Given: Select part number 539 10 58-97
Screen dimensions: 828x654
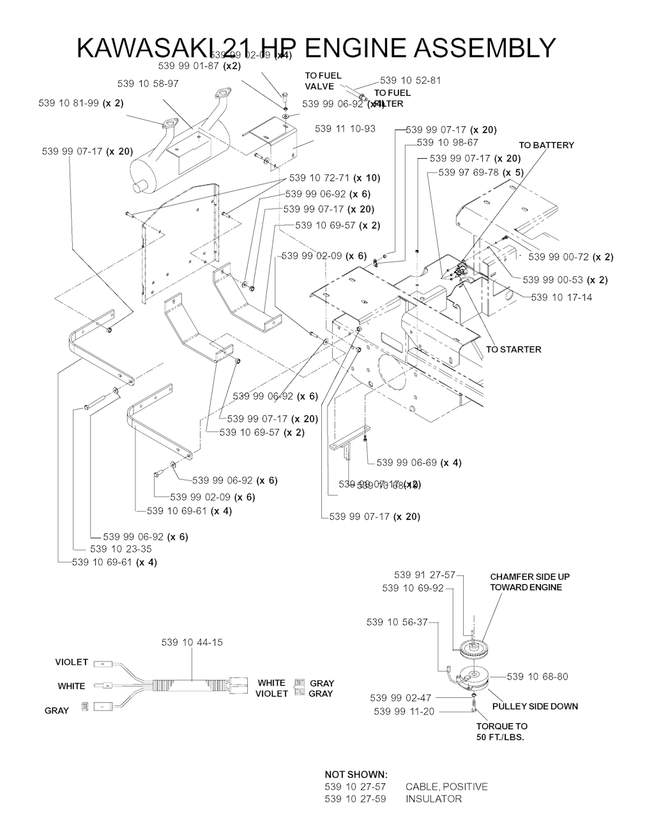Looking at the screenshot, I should coord(148,84).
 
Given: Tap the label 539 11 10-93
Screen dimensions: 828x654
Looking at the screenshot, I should coord(345,129).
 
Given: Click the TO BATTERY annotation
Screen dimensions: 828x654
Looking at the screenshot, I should coord(546,145).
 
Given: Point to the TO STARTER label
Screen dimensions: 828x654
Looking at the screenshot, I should coord(513,349).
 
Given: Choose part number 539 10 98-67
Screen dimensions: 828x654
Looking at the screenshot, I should coord(447,142).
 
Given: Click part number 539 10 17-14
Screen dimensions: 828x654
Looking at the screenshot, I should coord(561,297).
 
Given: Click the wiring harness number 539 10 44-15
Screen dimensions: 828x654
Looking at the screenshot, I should coord(192,642).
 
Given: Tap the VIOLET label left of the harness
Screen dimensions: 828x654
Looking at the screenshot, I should coord(72,662).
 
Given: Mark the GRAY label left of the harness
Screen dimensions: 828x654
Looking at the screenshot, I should coord(57,710).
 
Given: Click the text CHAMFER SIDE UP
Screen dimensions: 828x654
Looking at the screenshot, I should coord(529,577).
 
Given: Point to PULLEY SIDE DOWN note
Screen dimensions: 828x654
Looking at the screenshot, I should coord(535,706).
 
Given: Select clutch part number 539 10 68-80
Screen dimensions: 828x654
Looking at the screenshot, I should coord(537,676).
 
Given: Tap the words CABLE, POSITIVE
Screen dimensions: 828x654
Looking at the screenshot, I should coord(446,786).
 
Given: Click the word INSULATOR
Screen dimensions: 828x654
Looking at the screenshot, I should coord(433,799).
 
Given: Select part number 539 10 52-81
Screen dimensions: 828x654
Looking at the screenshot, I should coord(410,80).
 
